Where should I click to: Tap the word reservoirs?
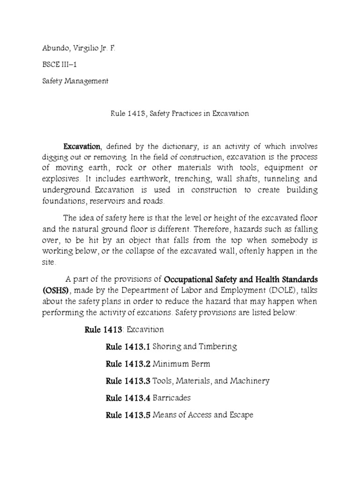click(111, 201)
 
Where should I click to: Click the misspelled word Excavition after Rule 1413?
click(149, 330)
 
